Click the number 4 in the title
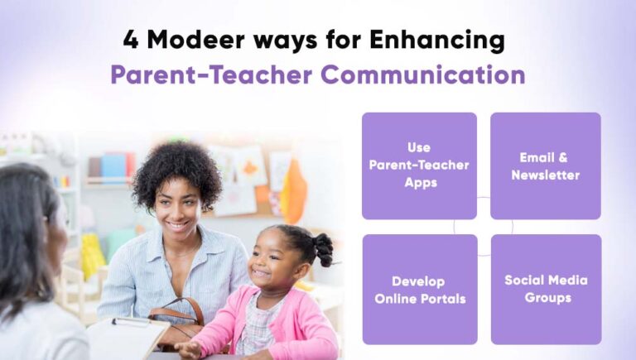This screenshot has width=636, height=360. point(131,40)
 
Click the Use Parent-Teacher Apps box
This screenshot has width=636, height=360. point(419,165)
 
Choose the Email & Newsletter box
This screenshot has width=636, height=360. point(545,165)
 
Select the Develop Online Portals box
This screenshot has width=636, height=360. point(419,289)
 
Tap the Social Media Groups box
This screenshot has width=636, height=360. point(545,289)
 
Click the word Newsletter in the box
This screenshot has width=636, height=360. point(545,175)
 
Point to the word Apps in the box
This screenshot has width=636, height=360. point(420,182)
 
